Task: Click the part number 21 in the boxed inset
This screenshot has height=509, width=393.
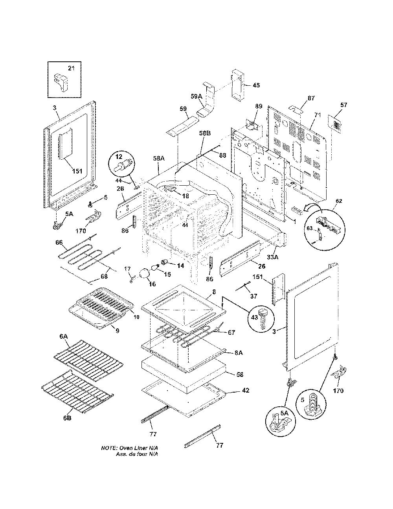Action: pyautogui.click(x=72, y=68)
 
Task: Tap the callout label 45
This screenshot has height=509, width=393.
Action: pyautogui.click(x=256, y=85)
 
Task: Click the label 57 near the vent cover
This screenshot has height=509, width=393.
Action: pyautogui.click(x=343, y=105)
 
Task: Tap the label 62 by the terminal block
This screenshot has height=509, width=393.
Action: pyautogui.click(x=339, y=201)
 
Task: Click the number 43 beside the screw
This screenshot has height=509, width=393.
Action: pyautogui.click(x=254, y=317)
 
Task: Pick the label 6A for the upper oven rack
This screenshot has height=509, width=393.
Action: pyautogui.click(x=63, y=337)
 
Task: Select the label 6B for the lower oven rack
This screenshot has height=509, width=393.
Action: pyautogui.click(x=67, y=418)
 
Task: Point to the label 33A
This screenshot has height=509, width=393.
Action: pyautogui.click(x=273, y=257)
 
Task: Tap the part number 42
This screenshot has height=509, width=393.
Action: pyautogui.click(x=246, y=390)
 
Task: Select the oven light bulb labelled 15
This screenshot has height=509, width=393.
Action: pyautogui.click(x=155, y=267)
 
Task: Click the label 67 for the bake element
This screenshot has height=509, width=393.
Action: pyautogui.click(x=231, y=332)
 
